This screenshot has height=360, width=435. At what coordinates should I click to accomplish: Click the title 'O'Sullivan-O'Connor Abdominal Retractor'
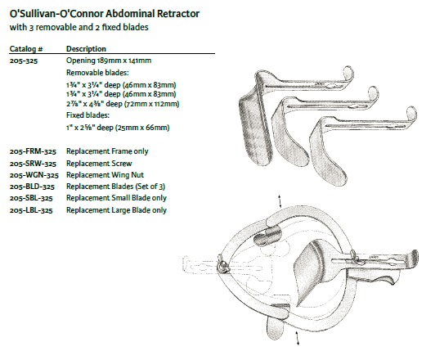105,14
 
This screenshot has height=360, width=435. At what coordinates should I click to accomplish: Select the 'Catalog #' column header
26,49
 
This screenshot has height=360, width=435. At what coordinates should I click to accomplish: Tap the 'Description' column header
86,49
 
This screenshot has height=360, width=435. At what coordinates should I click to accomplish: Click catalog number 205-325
24,61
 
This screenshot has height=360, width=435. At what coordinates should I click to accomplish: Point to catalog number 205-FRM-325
33,151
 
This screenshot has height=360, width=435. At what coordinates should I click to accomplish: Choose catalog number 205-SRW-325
33,164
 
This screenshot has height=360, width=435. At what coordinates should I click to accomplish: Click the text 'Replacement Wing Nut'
105,175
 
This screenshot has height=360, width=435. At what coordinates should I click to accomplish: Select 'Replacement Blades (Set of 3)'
115,187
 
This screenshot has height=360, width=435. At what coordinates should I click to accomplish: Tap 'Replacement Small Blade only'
116,198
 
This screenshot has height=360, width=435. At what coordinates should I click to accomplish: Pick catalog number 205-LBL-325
31,210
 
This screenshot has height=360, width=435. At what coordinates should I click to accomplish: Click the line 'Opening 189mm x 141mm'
109,61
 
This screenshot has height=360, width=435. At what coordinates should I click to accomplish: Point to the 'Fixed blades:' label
88,115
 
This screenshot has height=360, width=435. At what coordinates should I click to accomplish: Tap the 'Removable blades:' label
97,73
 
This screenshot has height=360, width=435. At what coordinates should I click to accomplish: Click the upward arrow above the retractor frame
280,201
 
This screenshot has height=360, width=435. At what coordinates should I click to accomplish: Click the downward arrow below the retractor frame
298,338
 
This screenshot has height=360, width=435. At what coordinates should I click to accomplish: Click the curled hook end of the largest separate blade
348,73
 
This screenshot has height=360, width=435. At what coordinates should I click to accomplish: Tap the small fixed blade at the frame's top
267,235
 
